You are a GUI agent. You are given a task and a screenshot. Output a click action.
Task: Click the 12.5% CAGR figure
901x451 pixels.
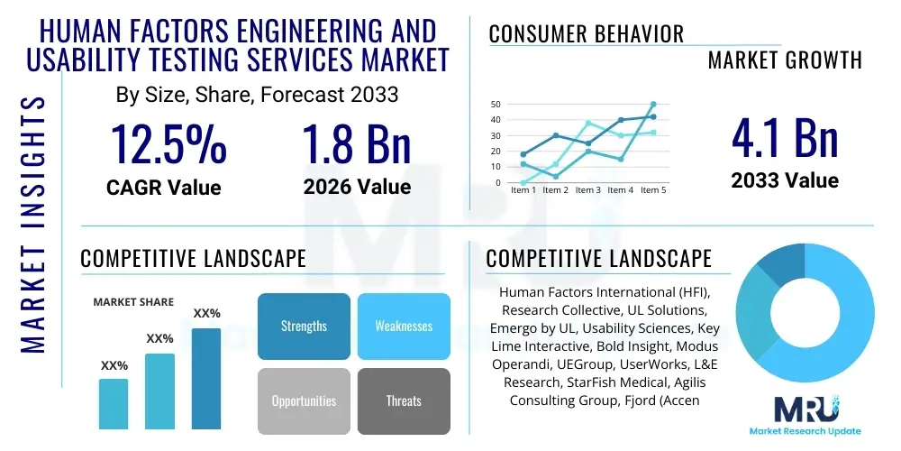[168, 143]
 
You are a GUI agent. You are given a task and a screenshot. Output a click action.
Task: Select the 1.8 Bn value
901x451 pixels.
[357, 143]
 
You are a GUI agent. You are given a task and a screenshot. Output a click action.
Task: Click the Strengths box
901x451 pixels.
[304, 326]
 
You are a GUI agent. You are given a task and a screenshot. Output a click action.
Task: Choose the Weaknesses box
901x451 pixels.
[404, 326]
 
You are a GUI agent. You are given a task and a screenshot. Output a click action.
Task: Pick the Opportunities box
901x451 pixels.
[304, 400]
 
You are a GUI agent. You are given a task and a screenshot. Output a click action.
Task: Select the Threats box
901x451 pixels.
[404, 400]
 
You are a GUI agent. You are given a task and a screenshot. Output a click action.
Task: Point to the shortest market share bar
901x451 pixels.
[114, 403]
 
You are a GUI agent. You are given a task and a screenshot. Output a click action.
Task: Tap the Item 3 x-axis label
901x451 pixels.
[587, 190]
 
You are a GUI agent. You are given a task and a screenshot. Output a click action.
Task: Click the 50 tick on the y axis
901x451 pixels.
[496, 105]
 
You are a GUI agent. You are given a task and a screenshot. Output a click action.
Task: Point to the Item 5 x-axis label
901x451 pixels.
[653, 190]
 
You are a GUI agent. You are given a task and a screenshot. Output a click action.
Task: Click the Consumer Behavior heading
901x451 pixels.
[586, 34]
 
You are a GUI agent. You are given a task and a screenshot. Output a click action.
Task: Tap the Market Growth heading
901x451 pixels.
[785, 60]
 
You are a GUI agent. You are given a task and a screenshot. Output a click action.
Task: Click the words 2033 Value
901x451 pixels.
[784, 180]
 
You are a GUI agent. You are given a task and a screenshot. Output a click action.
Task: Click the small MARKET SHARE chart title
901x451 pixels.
[133, 302]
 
